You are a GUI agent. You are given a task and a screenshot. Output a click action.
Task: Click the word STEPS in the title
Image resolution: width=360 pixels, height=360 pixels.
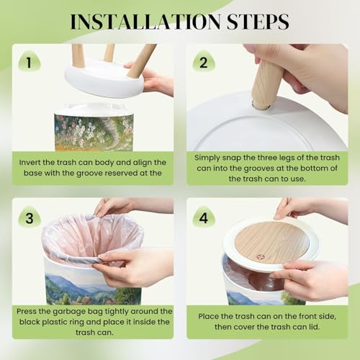click(x=258, y=22)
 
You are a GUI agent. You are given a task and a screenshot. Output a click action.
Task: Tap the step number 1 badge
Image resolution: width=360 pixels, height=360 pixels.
click(x=30, y=62)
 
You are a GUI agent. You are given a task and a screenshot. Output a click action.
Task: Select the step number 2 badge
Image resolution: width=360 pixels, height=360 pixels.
click(x=204, y=62)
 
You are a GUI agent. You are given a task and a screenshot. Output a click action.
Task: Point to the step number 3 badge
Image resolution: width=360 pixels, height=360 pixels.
click(x=30, y=217)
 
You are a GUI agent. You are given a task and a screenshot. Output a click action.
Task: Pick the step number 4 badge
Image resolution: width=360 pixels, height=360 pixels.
click(x=204, y=217)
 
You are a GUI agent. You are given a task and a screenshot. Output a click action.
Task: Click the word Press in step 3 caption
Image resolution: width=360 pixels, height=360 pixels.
click(x=26, y=312)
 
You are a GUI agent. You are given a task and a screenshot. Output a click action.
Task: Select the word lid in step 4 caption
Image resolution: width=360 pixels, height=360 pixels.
click(x=315, y=327)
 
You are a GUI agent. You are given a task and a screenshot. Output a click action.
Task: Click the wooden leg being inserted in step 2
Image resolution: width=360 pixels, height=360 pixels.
click(x=264, y=84)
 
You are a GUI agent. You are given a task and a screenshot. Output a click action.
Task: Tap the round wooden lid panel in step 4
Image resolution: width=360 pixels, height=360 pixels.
click(x=271, y=243)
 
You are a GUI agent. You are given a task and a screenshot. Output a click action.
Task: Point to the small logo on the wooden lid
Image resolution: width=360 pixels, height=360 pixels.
click(x=259, y=257)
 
